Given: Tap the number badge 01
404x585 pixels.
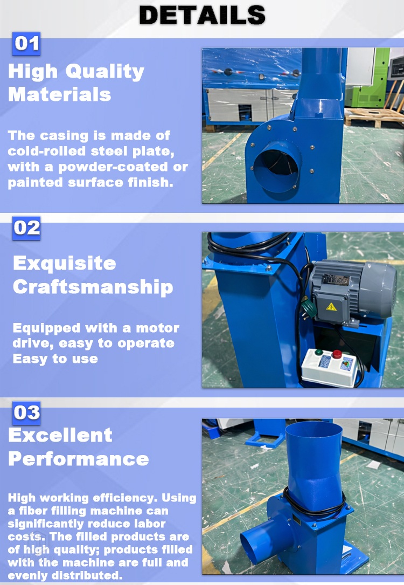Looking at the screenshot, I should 26,43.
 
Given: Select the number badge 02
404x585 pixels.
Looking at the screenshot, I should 26,228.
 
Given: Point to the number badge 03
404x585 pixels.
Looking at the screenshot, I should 26,413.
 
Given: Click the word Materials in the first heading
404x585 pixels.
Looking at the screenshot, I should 59,95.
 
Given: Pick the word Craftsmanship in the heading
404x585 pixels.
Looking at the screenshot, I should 93,287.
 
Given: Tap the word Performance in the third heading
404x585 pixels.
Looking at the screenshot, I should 78,459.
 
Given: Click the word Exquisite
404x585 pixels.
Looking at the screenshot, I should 64,263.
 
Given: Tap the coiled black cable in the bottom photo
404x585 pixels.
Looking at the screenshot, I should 314,504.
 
